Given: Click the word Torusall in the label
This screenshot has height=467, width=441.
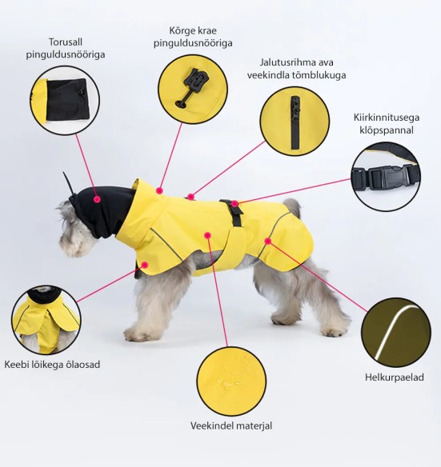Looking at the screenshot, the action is (66, 42).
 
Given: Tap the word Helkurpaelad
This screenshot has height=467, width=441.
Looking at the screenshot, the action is (395, 377).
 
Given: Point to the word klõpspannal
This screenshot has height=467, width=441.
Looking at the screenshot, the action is (386, 130).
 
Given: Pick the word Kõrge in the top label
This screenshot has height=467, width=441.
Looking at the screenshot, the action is (182, 30).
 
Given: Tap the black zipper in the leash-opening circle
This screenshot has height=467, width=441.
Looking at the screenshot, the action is (295, 122).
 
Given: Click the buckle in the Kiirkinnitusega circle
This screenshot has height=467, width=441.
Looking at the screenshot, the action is (385, 178).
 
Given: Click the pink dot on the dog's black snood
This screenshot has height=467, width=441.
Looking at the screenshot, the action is (97, 199).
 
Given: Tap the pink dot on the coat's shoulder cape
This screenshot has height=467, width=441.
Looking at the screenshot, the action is (145, 265).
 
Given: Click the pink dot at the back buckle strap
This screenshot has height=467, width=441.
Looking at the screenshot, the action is (235, 204).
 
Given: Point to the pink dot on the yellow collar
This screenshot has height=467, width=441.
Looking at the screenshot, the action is (160, 190).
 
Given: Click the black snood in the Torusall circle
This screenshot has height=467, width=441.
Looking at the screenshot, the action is (68, 99).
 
